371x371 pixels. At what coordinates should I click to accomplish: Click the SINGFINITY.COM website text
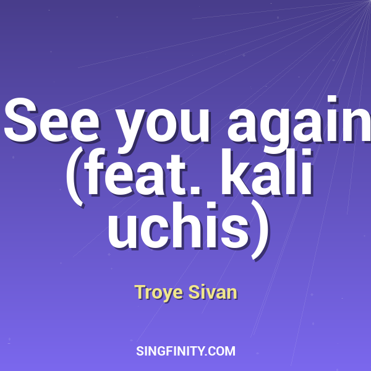pyautogui.click(x=185, y=351)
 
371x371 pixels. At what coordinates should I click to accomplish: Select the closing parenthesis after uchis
pyautogui.click(x=260, y=226)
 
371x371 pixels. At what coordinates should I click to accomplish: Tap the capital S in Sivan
pyautogui.click(x=193, y=292)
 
